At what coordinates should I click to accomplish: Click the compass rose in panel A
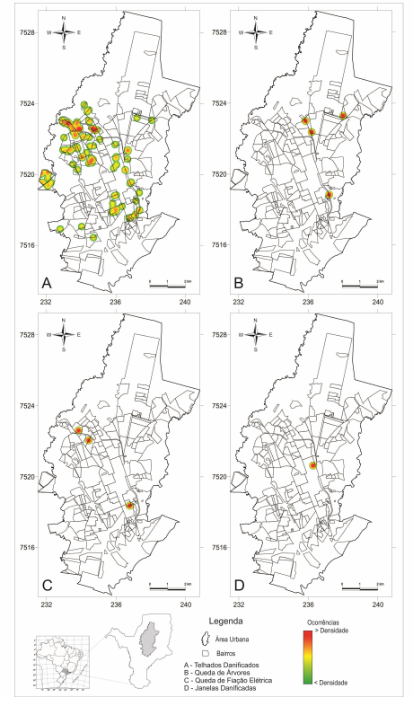[x=64, y=35]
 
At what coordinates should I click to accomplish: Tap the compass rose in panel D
[x=257, y=337]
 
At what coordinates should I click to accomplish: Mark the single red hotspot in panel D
[x=313, y=465]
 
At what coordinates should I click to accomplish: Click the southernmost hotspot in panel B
[x=330, y=195]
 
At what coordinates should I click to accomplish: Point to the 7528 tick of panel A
[x=27, y=32]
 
